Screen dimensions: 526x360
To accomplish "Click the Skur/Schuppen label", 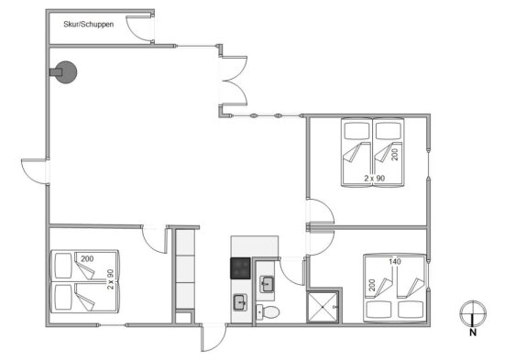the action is (89, 24).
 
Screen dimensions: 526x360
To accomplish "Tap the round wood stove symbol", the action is (66, 72).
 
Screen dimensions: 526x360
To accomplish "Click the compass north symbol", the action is (473, 314).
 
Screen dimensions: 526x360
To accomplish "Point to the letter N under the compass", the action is (473, 333).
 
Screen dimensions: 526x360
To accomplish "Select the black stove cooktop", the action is (240, 268).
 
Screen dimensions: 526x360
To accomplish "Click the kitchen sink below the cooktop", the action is (240, 302).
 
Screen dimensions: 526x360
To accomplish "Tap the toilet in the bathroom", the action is (268, 312).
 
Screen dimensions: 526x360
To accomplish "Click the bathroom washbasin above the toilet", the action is (268, 285).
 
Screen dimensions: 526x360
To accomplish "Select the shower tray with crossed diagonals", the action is (323, 307).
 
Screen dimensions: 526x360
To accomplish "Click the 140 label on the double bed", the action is (394, 261).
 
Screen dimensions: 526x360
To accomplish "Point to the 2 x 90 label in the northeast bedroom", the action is (375, 179).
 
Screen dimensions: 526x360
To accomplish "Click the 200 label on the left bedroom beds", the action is (87, 258).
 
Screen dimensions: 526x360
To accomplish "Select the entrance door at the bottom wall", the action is (214, 338).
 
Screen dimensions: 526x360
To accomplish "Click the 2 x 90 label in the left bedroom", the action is (110, 279).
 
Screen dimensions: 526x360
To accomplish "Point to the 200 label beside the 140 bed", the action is (372, 285).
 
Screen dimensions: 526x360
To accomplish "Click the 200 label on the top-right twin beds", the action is (395, 155).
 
